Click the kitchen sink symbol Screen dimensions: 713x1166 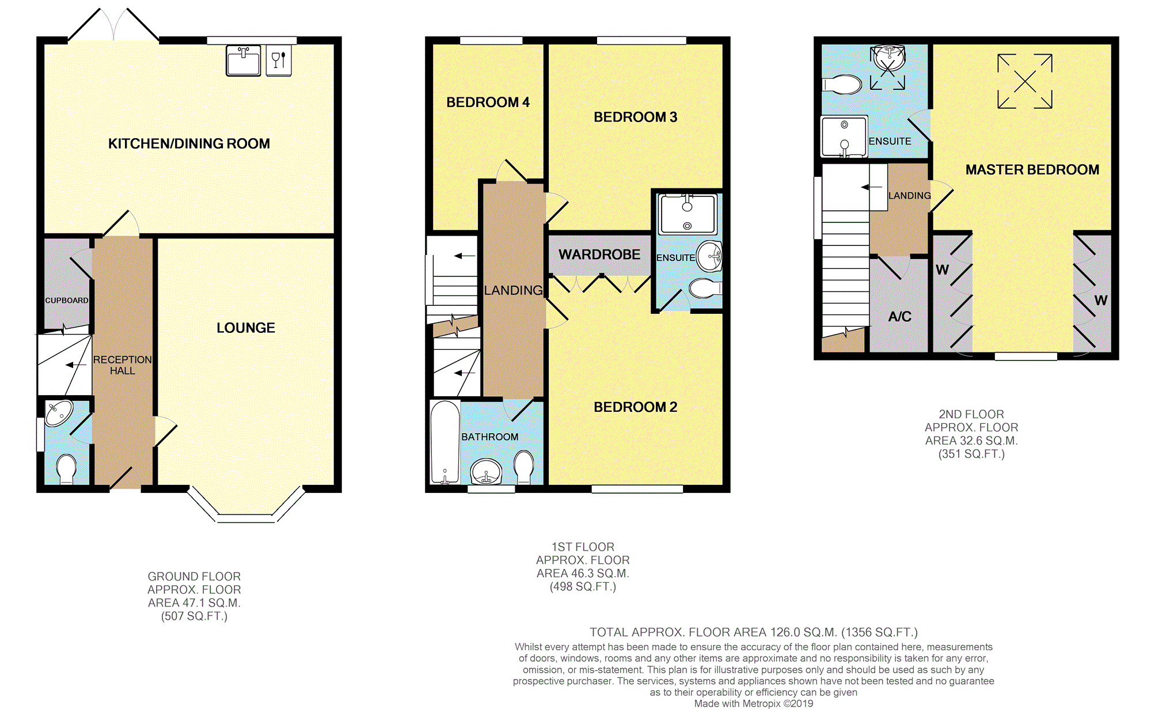(243, 61)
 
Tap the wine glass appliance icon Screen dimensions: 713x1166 (279, 60)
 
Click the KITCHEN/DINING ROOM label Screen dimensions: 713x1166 (189, 143)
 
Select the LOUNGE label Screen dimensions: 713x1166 (245, 328)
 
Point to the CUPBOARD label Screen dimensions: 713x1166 (67, 300)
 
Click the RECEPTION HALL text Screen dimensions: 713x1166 (122, 365)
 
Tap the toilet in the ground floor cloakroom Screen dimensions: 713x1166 (67, 469)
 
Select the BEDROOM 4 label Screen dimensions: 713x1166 (488, 103)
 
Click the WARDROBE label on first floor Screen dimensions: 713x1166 (599, 255)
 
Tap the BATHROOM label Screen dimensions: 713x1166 (489, 437)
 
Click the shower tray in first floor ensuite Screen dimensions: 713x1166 (688, 214)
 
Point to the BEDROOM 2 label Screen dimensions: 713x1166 (635, 407)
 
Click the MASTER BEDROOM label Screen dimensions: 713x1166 (1032, 170)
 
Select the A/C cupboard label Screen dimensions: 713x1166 (899, 316)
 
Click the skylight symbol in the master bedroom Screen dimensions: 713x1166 (1024, 81)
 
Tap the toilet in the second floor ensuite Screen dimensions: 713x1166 (842, 85)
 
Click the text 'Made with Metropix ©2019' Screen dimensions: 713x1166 (753, 703)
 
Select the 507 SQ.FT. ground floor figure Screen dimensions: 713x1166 (194, 616)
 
